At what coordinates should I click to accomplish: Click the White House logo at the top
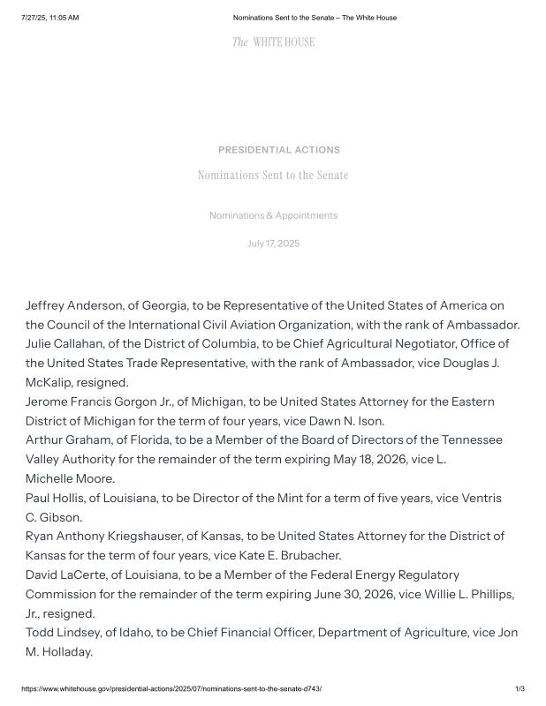coord(273,41)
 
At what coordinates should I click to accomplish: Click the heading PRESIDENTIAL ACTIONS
coord(278,150)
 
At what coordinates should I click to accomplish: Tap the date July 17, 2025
coord(273,244)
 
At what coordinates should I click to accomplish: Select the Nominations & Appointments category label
coord(273,215)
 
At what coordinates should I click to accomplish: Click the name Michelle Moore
coord(70,478)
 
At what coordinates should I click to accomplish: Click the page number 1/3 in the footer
coord(519,688)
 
